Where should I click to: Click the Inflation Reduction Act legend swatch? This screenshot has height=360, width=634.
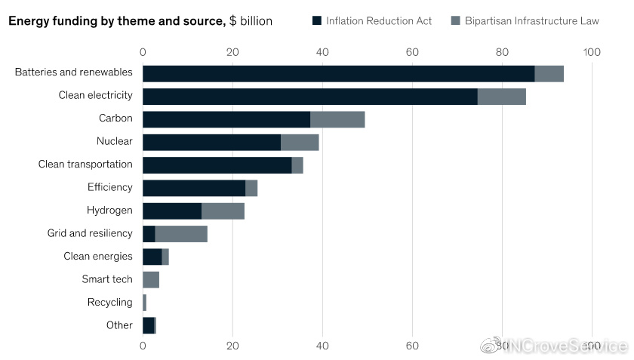[317, 20]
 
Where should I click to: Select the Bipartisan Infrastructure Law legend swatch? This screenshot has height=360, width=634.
[455, 20]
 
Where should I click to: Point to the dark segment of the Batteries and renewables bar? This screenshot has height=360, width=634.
[338, 73]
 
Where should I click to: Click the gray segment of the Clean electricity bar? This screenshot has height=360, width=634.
[501, 96]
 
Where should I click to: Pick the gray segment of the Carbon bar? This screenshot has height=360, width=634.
[337, 119]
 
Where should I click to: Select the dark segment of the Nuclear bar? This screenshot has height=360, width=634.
[211, 142]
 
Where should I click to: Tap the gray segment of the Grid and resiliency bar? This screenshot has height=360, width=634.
[181, 234]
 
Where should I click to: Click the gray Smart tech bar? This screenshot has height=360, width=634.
[151, 280]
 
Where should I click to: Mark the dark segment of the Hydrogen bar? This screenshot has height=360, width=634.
[172, 211]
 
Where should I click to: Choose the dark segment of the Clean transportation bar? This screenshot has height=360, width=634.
[217, 165]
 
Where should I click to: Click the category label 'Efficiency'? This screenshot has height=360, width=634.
[110, 187]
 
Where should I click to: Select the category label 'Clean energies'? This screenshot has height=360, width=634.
[98, 257]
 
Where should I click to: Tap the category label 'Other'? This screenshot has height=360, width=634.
[119, 325]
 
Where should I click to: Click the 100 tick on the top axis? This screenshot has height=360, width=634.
[592, 52]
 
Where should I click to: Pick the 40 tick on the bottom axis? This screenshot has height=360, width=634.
[322, 346]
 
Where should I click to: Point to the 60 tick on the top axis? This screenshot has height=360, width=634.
[412, 52]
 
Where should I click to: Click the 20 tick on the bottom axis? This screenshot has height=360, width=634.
[232, 346]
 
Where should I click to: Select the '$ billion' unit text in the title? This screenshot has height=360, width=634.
[251, 21]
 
